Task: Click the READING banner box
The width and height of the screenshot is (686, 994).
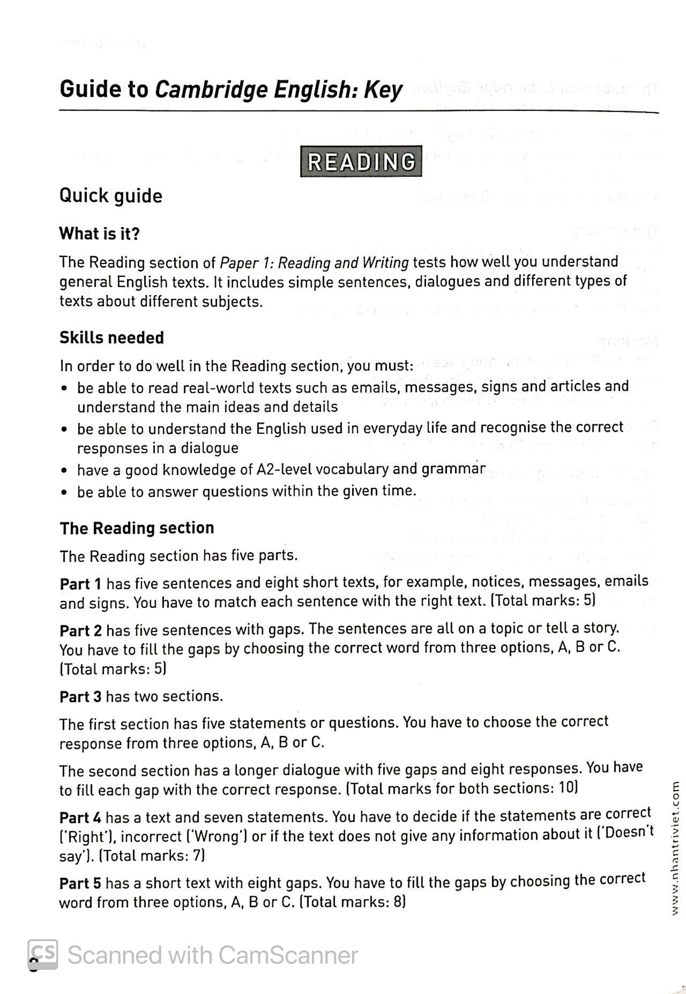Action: coord(361,161)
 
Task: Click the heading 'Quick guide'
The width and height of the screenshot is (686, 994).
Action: coord(110,195)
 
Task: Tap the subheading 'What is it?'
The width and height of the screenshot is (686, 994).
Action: coord(99,234)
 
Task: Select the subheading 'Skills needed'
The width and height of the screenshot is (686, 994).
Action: coord(111,338)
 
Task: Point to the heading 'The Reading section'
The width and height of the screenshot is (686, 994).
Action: coord(137,528)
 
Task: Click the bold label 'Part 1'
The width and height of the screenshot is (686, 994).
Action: coord(80,584)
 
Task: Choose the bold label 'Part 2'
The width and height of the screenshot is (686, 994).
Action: coord(80,630)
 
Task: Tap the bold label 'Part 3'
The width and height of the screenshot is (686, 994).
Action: coord(80,697)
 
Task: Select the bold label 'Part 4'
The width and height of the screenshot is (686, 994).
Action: coord(80,818)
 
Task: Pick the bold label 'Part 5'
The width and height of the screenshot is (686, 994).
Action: coord(80,883)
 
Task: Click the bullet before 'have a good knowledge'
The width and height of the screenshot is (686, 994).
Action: coord(64,471)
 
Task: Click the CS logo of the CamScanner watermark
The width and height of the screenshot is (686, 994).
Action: coord(43,955)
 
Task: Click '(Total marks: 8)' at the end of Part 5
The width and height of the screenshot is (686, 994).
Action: coord(352,902)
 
